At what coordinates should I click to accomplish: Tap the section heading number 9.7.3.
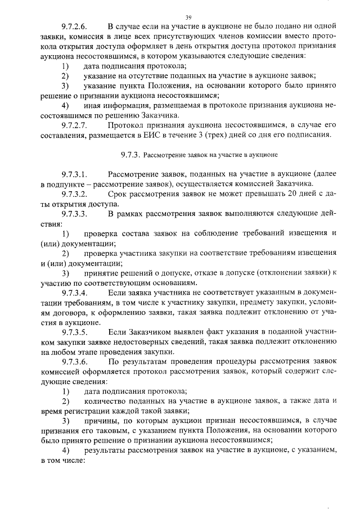tap(129, 154)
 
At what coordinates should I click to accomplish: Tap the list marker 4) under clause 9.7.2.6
tap(65, 105)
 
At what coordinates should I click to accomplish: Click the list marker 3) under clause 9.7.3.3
tap(65, 273)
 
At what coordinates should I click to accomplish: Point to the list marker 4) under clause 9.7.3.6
tap(65, 450)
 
